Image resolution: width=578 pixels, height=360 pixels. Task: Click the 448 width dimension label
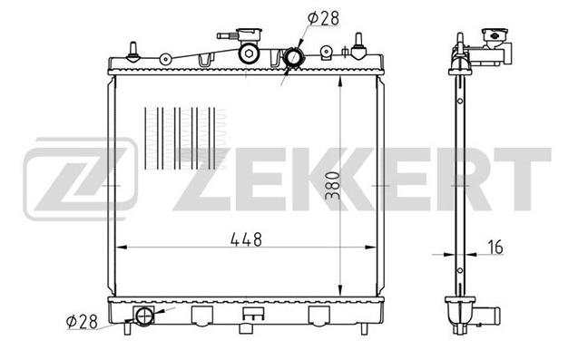coord(246,239)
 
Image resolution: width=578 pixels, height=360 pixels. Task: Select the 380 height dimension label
coord(332,186)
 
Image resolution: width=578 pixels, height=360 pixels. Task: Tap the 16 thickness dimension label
coord(495,247)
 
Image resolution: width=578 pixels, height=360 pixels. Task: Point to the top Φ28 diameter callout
coord(323,18)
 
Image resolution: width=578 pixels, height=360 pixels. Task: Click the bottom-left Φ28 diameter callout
coord(82,322)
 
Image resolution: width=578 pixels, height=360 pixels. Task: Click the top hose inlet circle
coord(294,57)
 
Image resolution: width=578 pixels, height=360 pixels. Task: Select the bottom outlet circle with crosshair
coord(144,316)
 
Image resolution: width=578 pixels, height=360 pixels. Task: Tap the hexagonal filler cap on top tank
coord(250,54)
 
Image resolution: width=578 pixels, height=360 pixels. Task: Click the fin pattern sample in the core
coord(185,139)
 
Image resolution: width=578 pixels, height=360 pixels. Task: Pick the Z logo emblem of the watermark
coord(81,180)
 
